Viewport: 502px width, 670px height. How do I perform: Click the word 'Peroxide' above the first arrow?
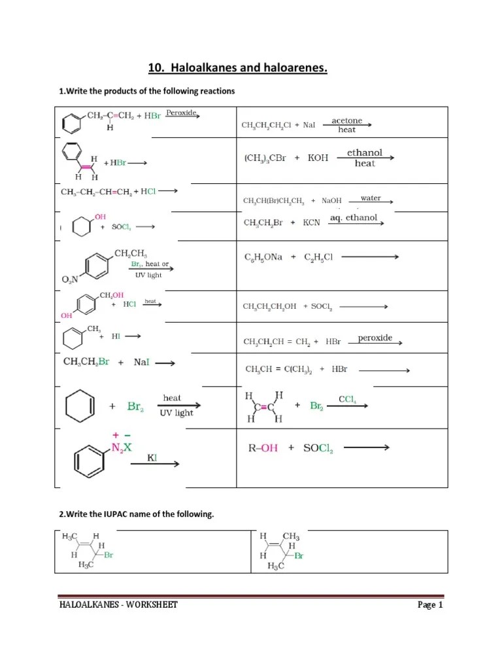(181, 113)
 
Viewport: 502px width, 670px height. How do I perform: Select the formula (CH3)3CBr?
(265, 158)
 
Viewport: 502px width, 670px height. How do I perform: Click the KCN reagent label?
(312, 222)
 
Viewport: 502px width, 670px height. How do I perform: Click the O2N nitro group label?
(70, 279)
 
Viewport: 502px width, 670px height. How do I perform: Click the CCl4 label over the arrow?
(347, 398)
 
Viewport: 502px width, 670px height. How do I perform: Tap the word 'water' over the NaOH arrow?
(371, 198)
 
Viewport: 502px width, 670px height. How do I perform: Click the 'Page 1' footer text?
(431, 605)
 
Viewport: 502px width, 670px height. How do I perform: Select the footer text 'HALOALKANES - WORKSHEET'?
(118, 605)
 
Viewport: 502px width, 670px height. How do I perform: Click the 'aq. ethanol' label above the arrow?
(354, 217)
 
